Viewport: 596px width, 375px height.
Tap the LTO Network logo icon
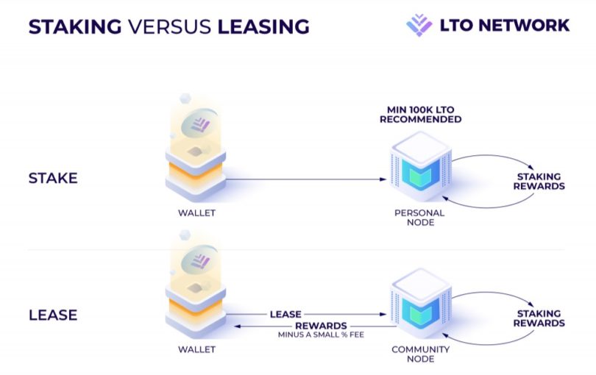pyautogui.click(x=419, y=25)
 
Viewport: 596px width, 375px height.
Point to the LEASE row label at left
pyautogui.click(x=54, y=315)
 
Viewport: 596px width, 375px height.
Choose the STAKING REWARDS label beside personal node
pyautogui.click(x=539, y=182)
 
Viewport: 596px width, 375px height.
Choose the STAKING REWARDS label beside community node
pyautogui.click(x=539, y=318)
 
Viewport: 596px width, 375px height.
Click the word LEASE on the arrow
pyautogui.click(x=285, y=314)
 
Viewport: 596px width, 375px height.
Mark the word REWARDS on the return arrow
pyautogui.click(x=320, y=326)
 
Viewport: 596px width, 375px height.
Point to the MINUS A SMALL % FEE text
pyautogui.click(x=320, y=335)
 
